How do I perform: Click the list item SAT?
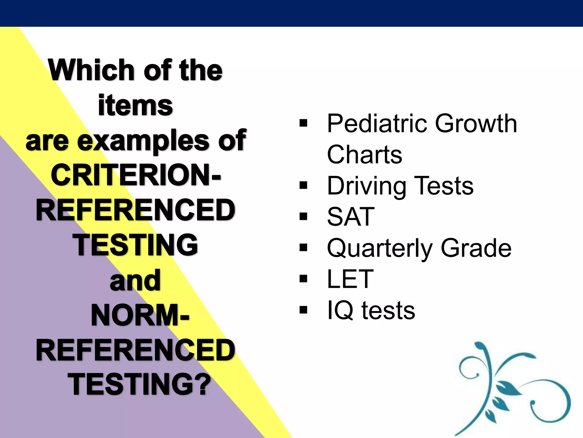pyautogui.click(x=351, y=216)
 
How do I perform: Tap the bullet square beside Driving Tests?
pyautogui.click(x=303, y=186)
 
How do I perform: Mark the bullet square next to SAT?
pyautogui.click(x=303, y=216)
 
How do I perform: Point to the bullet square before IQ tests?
pyautogui.click(x=303, y=310)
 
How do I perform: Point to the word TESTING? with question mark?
pyautogui.click(x=139, y=385)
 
